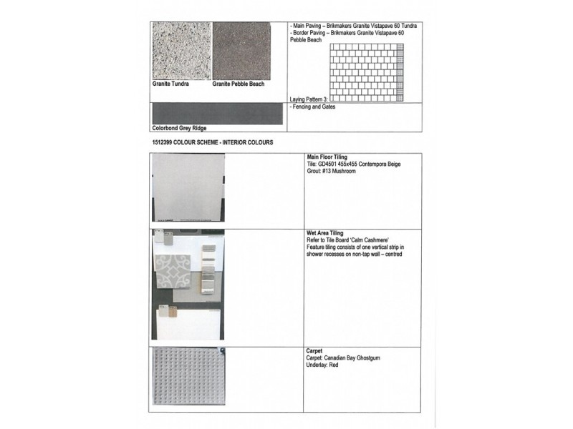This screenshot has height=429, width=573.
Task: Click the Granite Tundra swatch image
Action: click(x=181, y=51)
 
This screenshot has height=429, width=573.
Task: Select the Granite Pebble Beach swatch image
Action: click(x=241, y=51)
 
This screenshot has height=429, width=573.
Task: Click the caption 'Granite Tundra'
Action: click(x=170, y=84)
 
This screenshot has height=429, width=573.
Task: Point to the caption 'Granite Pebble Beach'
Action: click(x=239, y=84)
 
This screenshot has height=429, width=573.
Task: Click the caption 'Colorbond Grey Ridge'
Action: click(x=179, y=129)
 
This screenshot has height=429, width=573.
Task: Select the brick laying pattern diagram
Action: click(x=366, y=72)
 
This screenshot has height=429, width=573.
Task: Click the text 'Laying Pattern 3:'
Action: click(x=309, y=99)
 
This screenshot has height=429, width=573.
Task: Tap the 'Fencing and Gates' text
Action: click(x=314, y=107)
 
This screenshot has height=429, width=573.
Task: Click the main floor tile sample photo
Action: click(x=188, y=189)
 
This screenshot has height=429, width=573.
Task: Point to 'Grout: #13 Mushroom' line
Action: click(x=331, y=172)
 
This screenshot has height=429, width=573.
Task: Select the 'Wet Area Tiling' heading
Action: click(x=325, y=233)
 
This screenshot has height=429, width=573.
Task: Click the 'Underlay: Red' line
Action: click(x=323, y=365)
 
